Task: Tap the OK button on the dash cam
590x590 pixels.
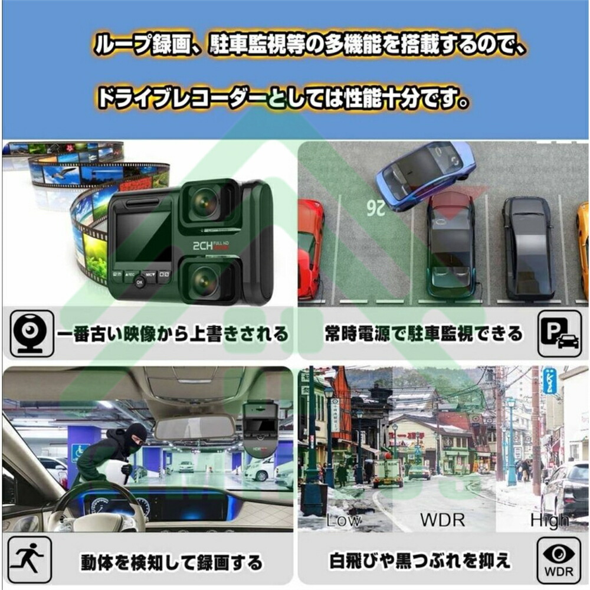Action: tap(139, 282)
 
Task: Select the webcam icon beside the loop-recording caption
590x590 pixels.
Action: tap(32, 335)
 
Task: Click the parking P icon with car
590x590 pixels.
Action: tap(559, 335)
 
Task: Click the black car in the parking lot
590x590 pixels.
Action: tap(528, 248)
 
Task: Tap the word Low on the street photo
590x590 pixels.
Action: tap(343, 520)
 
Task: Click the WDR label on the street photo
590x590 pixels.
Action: tap(442, 520)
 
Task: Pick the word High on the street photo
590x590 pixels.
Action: tap(549, 520)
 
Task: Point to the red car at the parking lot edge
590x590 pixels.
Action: tap(310, 248)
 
